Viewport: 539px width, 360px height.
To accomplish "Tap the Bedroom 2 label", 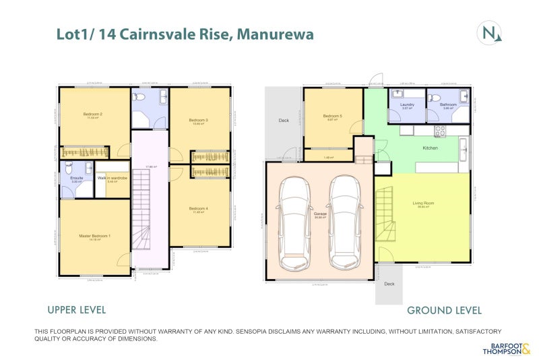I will click(x=92, y=114).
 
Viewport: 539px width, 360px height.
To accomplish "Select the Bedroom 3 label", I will click(x=198, y=120).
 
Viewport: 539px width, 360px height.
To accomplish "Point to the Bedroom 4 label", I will click(x=198, y=208).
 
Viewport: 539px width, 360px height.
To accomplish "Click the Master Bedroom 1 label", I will click(x=94, y=235).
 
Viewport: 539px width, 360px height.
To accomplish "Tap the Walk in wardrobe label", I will click(x=113, y=177).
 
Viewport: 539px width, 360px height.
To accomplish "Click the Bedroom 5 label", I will click(x=332, y=116).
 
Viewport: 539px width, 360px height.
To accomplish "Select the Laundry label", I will click(x=406, y=104).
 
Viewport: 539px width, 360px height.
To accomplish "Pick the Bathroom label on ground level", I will click(x=448, y=104).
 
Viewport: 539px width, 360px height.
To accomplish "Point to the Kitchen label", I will click(x=430, y=148).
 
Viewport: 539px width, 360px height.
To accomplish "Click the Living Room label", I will click(x=423, y=202).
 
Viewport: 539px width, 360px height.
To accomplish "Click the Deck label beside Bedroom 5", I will click(x=284, y=121).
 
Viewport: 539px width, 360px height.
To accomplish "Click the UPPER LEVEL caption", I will click(x=76, y=310).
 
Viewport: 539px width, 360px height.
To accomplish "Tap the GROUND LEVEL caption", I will click(x=444, y=311).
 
